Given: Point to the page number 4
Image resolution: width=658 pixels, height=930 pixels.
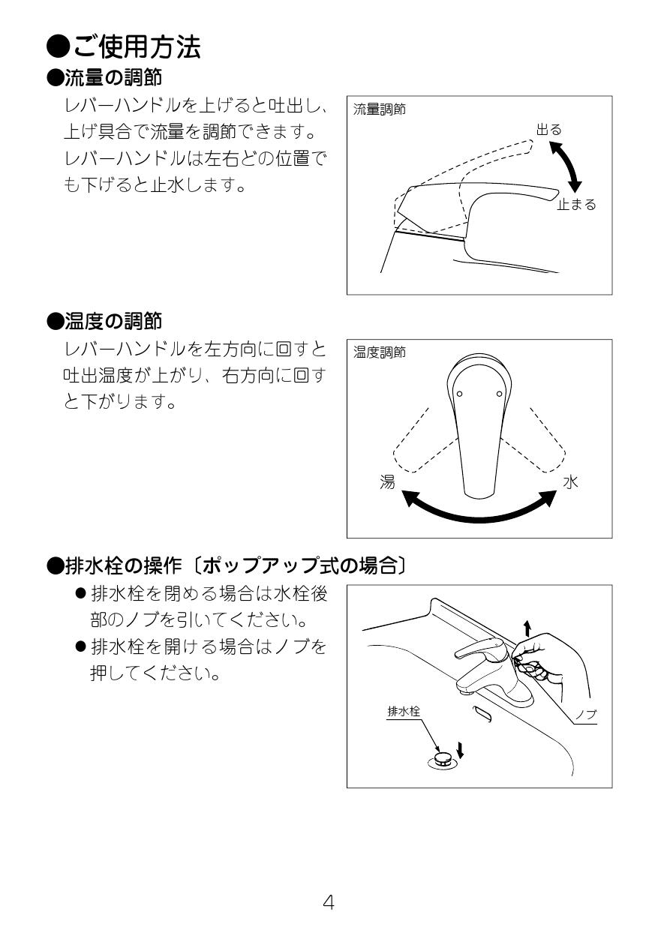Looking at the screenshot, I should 329,901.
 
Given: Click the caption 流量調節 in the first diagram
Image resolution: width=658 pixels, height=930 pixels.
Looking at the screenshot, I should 379,109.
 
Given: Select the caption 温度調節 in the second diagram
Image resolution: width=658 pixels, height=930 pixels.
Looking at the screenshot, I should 379,352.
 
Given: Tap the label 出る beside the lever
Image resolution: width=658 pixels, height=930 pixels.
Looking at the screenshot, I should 548,130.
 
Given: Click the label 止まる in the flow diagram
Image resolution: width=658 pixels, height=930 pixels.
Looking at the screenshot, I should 575,204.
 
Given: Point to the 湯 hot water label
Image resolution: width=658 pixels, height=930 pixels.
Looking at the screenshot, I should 387,482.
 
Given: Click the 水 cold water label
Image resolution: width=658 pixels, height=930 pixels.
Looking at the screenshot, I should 571,482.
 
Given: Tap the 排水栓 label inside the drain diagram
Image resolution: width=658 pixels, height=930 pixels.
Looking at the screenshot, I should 403,712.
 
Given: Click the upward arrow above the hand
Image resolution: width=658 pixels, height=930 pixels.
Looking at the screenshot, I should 527,627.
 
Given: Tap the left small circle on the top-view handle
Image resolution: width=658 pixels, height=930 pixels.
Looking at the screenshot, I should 459,394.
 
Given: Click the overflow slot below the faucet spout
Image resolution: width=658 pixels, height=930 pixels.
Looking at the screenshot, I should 482,714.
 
